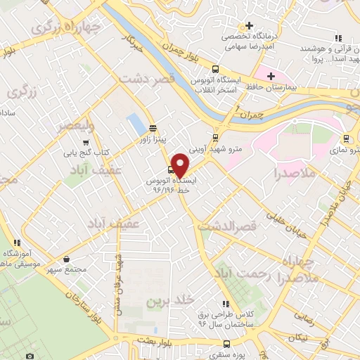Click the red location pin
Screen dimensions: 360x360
(x=181, y=165)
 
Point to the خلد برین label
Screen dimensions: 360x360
(x=169, y=301)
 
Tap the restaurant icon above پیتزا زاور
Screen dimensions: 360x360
(x=153, y=127)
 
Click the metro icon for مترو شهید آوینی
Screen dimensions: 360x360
(x=214, y=137)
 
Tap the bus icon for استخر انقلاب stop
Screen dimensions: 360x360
(x=215, y=68)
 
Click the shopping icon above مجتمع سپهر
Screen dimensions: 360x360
(x=65, y=259)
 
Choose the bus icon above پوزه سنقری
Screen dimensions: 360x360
(x=226, y=344)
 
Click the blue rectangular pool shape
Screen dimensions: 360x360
(x=134, y=125)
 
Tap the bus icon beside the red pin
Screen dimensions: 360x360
(x=170, y=169)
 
